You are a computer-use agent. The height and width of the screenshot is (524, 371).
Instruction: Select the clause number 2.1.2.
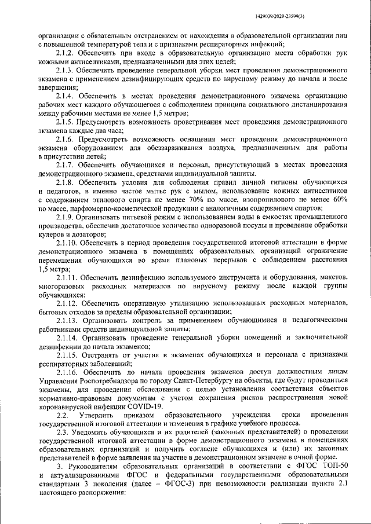coord(66,53)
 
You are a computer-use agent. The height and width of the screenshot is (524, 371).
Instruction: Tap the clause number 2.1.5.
coord(66,123)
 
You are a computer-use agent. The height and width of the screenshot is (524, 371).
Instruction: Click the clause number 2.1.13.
coord(68,320)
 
